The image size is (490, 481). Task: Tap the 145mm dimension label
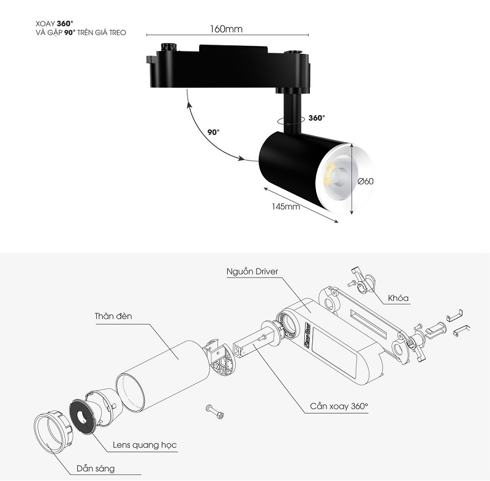pyautogui.click(x=285, y=206)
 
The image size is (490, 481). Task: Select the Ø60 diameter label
pyautogui.click(x=366, y=181)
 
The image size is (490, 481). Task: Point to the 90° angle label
pyautogui.click(x=213, y=132)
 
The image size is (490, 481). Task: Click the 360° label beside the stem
pyautogui.click(x=317, y=118)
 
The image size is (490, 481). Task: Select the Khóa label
pyautogui.click(x=398, y=298)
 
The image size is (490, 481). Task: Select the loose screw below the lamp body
pyautogui.click(x=216, y=412)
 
